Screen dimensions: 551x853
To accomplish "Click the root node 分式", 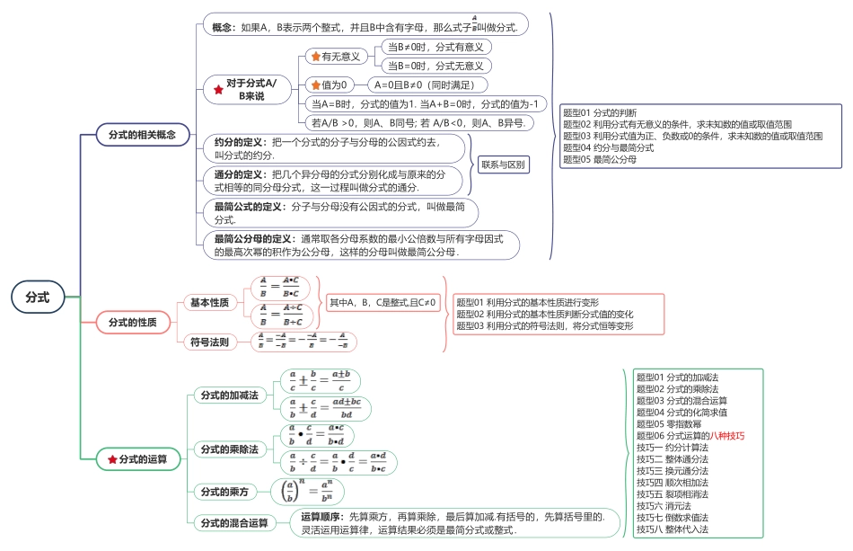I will pos(38,296).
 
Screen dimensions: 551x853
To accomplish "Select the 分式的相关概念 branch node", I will pos(143,134).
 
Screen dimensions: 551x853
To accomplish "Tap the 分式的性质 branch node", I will pos(132,322).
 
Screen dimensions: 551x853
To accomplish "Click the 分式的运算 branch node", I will pos(137,459).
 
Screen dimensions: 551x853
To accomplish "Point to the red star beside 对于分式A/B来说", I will pos(218,89).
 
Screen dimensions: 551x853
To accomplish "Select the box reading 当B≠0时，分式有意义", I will pos(435,47).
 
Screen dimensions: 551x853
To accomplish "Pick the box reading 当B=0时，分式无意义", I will pos(435,66).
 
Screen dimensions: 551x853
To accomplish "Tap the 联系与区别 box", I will pos(504,164).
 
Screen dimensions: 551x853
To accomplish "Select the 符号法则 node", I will pos(210,342).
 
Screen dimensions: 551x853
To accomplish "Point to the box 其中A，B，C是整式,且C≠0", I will pos(382,303).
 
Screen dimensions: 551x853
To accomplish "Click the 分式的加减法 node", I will pos(229,395).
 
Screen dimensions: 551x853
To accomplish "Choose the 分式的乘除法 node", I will pos(229,449).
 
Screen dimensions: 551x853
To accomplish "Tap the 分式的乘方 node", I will pos(224,492).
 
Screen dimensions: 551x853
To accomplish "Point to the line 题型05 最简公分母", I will pos(600,159).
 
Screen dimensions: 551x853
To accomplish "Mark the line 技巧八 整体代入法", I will pos(673,529).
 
